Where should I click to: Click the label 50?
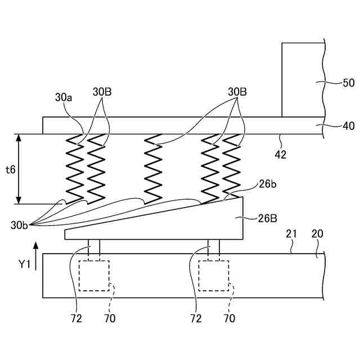click(x=348, y=83)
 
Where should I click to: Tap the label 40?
click(x=348, y=126)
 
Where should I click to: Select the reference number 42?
click(x=280, y=154)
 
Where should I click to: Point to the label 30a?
click(x=64, y=97)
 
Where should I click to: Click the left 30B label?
click(x=102, y=92)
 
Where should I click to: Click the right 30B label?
click(x=237, y=92)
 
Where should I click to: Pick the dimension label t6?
click(x=10, y=169)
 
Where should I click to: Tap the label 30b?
click(x=19, y=225)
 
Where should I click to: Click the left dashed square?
click(x=94, y=276)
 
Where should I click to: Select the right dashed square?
click(x=214, y=276)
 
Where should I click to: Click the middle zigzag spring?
click(x=153, y=169)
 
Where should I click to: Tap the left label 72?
click(x=76, y=319)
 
